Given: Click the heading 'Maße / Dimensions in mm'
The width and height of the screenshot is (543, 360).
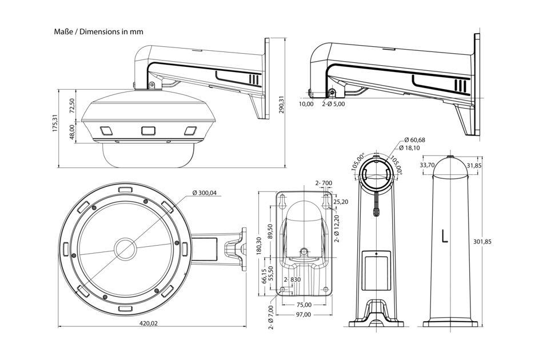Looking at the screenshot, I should click(98, 32).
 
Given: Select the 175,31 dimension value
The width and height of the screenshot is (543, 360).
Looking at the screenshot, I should click(55, 124).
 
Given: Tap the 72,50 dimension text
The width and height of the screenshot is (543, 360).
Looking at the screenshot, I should click(72, 106).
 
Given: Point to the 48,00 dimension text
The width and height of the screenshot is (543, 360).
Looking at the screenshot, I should click(72, 132).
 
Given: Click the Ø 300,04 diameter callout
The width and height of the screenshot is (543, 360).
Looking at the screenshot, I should click(205, 193).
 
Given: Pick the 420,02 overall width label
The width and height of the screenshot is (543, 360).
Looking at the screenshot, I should click(149, 323).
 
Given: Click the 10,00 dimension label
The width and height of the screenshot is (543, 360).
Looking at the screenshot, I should click(306, 104).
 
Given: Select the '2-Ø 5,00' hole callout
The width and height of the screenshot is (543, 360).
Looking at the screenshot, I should click(333, 104).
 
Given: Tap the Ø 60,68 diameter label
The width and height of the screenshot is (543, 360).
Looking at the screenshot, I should click(414, 140).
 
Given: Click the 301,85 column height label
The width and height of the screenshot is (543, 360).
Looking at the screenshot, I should click(483, 242).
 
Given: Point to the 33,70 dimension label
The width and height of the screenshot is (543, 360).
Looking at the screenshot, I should click(428, 166).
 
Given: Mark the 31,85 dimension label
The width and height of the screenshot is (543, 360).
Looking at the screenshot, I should click(474, 166).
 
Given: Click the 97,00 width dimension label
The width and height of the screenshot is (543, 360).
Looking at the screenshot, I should click(304, 315).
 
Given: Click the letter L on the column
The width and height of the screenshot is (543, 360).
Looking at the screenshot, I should click(445, 236).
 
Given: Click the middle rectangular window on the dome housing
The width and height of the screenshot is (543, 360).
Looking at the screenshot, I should click(148, 130).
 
